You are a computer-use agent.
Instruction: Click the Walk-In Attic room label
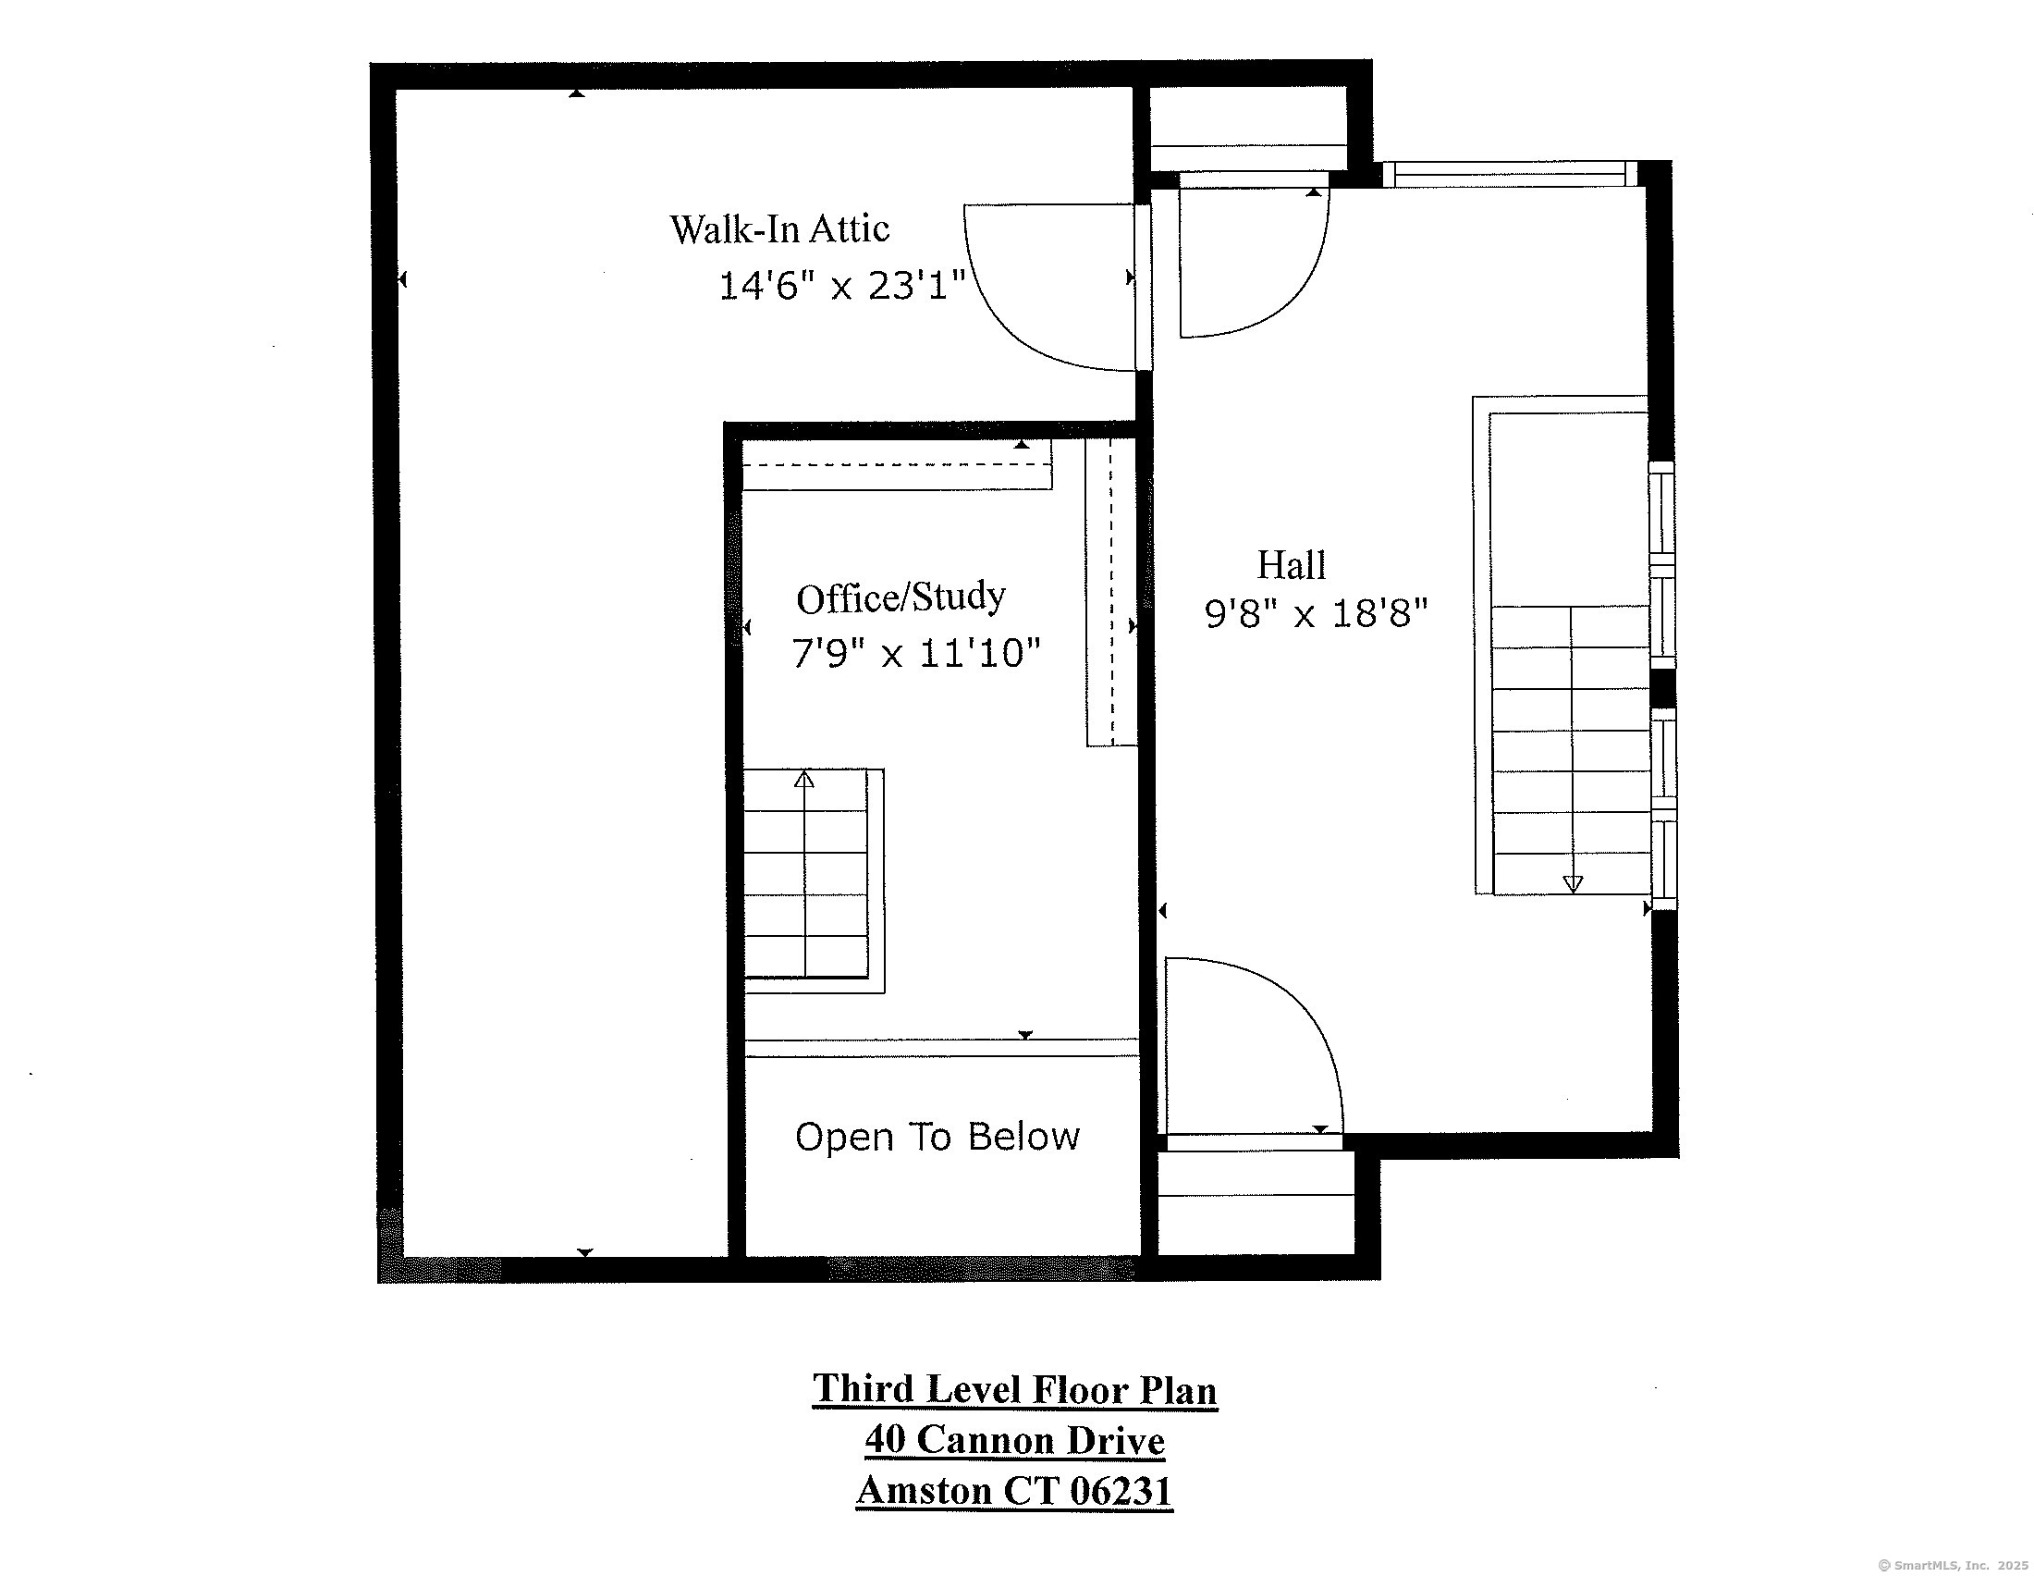[x=778, y=229]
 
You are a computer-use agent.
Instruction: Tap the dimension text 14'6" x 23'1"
[x=841, y=285]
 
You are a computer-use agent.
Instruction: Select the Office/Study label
[x=900, y=597]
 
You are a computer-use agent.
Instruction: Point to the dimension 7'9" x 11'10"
[x=914, y=653]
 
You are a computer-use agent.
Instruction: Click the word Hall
[x=1291, y=564]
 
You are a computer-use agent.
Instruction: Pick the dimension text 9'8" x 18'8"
[x=1315, y=614]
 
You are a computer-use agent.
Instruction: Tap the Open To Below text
[x=937, y=1137]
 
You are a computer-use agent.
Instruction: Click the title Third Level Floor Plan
[x=1014, y=1389]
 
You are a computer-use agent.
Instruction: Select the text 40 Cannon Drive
[x=1014, y=1440]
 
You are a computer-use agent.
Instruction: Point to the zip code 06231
[x=1121, y=1490]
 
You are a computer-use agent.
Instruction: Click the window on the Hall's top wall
[x=1509, y=174]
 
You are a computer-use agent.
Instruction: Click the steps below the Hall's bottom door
[x=1256, y=1201]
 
